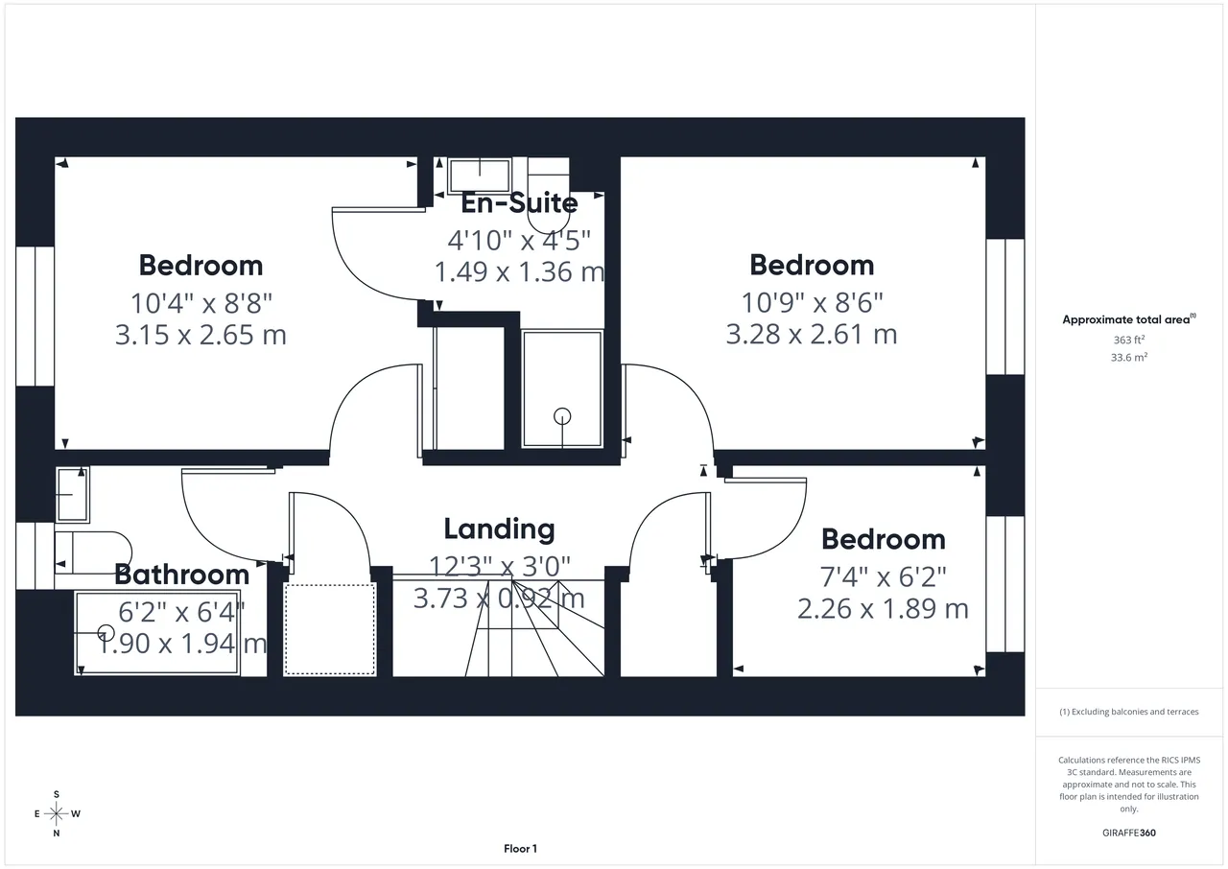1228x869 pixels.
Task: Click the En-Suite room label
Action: [x=519, y=203]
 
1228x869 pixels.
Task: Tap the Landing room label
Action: [x=500, y=529]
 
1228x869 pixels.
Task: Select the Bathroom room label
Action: [x=182, y=575]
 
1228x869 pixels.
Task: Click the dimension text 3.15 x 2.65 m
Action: [x=201, y=335]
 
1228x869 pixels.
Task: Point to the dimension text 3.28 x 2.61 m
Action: [x=812, y=334]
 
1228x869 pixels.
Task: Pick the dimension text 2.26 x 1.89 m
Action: [x=884, y=609]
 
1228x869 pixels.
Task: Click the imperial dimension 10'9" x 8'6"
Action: [x=812, y=302]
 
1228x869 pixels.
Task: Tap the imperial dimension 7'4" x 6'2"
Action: [x=884, y=576]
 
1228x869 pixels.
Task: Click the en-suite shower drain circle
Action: [x=562, y=416]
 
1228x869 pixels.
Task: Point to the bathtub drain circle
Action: [x=106, y=633]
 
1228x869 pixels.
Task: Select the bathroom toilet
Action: [x=93, y=552]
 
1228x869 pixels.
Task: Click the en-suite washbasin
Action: [x=480, y=176]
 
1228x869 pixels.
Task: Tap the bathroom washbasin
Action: [x=72, y=495]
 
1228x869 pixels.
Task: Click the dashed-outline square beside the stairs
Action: [x=329, y=629]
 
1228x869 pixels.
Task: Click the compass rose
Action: [x=57, y=813]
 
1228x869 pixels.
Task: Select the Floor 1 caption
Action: [x=520, y=849]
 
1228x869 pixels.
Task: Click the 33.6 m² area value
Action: [x=1129, y=357]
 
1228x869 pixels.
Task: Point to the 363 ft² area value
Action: [x=1129, y=340]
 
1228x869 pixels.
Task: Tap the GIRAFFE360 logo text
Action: [x=1129, y=833]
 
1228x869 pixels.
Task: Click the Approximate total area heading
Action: [x=1129, y=319]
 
